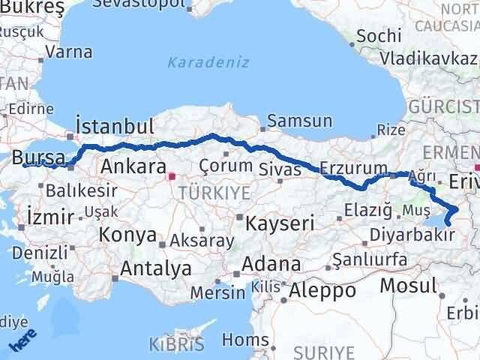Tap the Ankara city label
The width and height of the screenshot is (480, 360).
click(133, 166)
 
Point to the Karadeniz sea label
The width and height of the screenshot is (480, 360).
click(208, 62)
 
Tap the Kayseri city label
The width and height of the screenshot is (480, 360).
click(273, 223)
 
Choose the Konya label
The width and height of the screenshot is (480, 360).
click(126, 234)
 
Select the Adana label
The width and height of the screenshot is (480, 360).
click(277, 264)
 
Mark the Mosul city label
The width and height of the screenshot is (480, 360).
click(408, 285)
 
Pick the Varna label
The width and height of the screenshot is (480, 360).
click(69, 52)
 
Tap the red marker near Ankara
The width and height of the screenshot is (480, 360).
click(172, 177)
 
